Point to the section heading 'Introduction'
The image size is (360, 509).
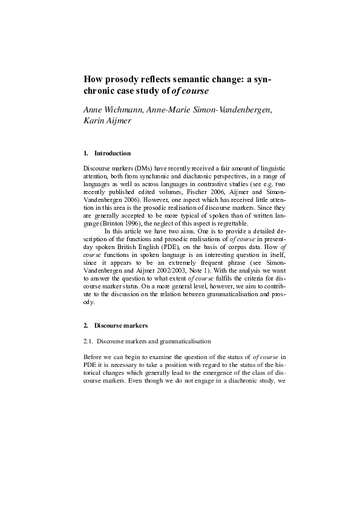pyautogui.click(x=113, y=153)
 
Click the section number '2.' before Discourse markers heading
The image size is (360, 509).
pyautogui.click(x=86, y=326)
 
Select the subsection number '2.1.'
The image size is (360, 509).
pyautogui.click(x=88, y=342)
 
